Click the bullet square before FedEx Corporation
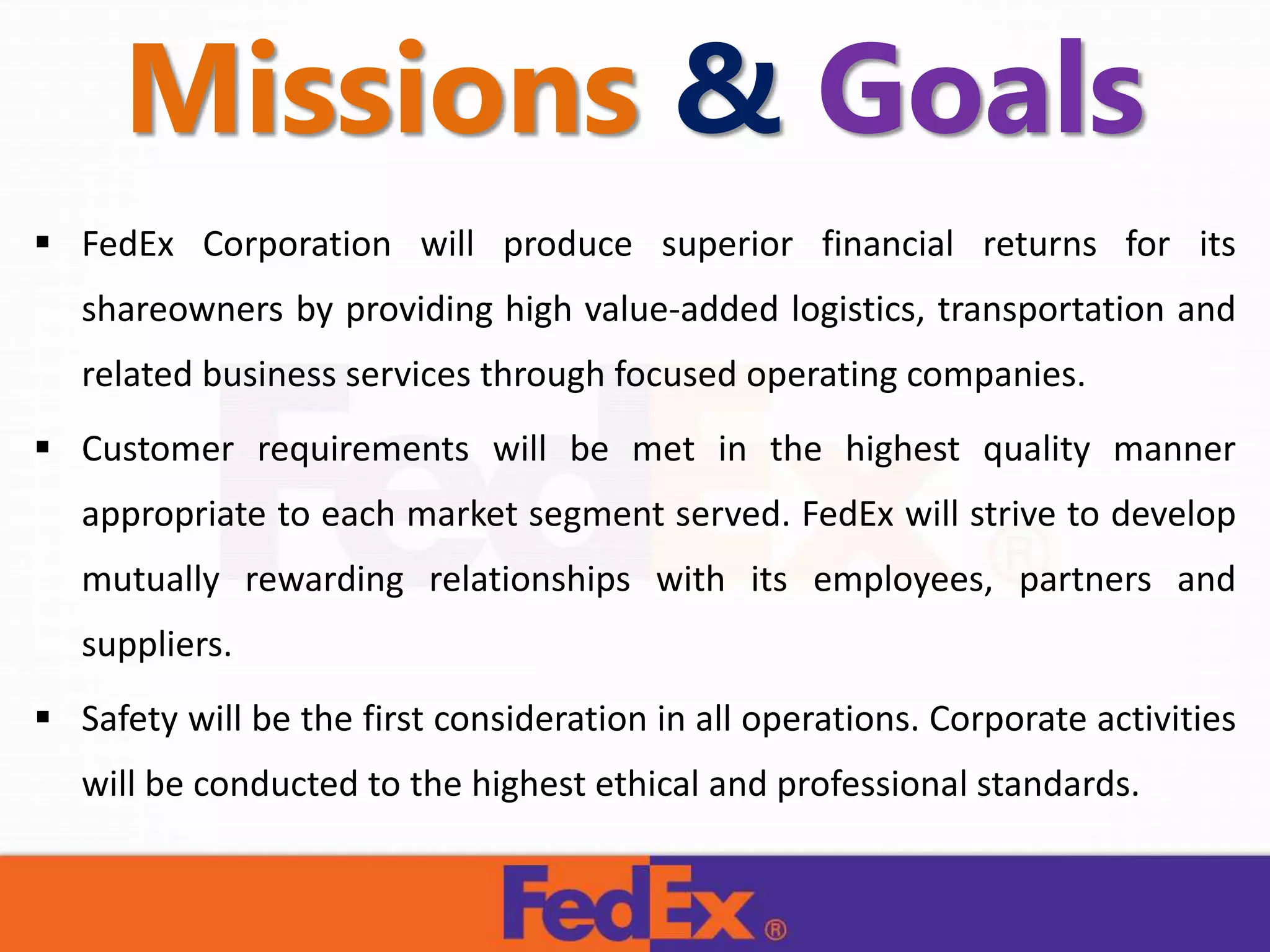43,242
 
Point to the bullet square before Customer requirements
43,447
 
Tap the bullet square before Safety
43,717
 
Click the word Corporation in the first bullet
296,244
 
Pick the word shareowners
182,309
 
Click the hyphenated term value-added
681,309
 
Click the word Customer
158,449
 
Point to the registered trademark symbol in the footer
775,930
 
